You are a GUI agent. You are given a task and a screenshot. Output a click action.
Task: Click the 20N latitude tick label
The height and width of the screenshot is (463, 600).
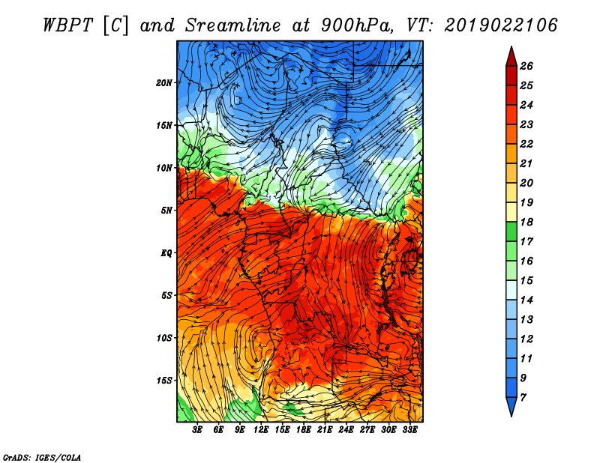163,83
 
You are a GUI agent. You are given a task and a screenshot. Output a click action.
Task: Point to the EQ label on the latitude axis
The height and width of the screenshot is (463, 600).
166,253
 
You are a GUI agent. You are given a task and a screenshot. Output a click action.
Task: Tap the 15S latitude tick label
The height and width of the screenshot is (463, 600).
163,381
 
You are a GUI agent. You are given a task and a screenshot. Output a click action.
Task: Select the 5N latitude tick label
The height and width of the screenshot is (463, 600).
166,211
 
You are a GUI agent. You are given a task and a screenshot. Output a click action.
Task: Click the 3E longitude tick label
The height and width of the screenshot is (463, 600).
197,430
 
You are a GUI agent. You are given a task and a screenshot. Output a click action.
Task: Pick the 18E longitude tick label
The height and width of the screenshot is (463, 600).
304,430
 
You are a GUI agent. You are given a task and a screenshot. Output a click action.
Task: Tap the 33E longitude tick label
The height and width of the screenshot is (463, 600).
409,430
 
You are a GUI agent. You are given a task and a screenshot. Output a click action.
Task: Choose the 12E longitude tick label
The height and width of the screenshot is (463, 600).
261,430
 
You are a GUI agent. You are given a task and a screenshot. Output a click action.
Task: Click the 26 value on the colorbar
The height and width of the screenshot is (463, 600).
526,66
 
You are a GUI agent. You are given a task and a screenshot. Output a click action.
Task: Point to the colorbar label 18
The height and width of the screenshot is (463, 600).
526,222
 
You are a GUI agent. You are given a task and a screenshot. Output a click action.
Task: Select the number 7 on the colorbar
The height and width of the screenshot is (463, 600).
523,398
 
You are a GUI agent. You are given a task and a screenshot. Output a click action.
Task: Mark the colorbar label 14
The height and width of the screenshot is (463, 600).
526,300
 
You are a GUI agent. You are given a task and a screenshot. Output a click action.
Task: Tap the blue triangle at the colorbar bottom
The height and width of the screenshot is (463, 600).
511,405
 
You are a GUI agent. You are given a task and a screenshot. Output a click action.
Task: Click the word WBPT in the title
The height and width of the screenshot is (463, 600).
67,25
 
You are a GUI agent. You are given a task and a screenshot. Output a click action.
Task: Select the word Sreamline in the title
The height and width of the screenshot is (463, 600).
232,25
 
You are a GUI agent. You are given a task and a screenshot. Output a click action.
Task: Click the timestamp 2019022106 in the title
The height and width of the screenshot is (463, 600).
500,25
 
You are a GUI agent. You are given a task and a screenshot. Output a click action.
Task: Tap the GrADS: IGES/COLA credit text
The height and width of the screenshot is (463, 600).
42,457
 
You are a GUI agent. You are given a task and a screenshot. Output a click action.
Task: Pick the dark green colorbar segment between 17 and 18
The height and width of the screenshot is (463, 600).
511,231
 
